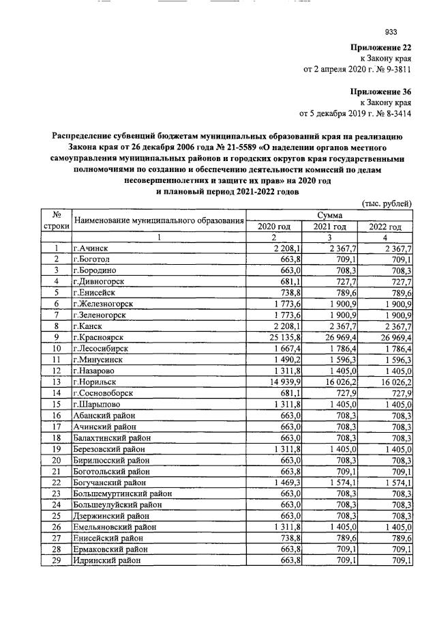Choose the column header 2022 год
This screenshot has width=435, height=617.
385,227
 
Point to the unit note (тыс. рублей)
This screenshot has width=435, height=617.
385,203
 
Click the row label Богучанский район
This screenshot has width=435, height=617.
109,482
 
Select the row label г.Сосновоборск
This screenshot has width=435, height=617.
103,392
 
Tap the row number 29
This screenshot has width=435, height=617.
57,560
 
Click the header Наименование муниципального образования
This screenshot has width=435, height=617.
159,220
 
